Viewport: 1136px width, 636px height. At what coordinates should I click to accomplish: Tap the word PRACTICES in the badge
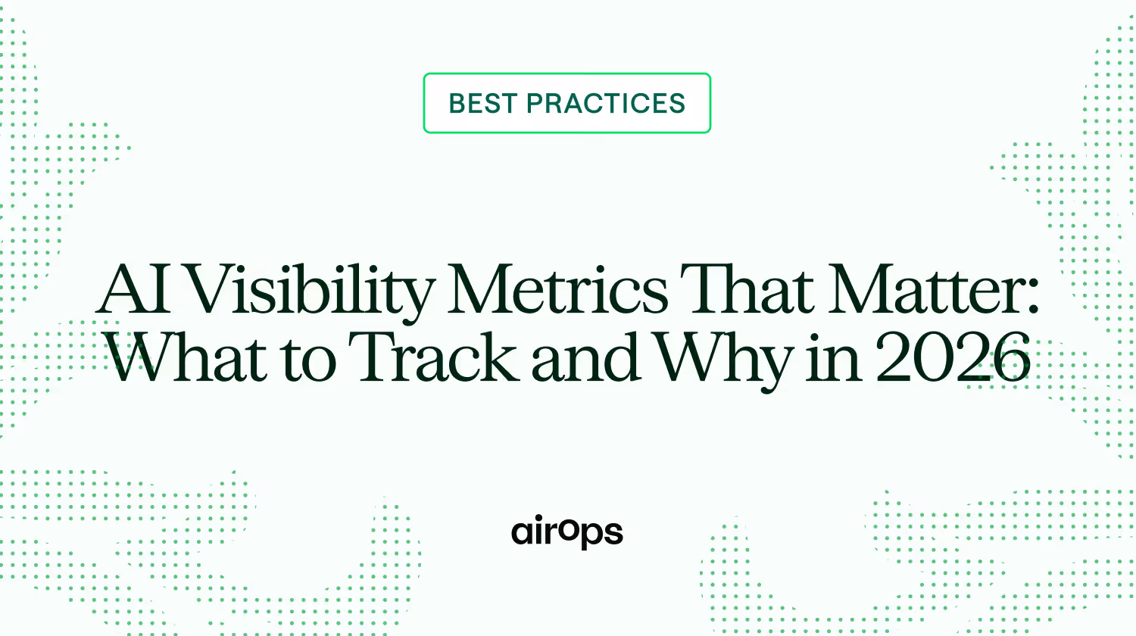coord(606,104)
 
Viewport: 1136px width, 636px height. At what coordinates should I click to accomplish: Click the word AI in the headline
coord(133,289)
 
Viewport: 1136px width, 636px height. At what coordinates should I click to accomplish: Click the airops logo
coord(567,532)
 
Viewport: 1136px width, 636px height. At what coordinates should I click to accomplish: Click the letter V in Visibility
coord(214,289)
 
